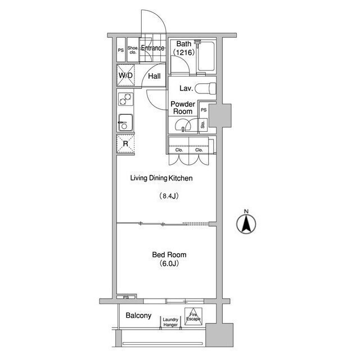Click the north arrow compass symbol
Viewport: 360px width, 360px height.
(x=246, y=222)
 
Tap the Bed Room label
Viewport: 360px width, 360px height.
(x=169, y=255)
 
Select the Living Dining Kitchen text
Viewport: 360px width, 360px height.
(x=161, y=178)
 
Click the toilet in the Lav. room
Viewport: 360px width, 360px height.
(x=205, y=88)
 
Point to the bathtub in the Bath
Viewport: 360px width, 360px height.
(x=206, y=56)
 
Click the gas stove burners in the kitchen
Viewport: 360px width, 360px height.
(x=125, y=99)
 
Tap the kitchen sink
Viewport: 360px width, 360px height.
(x=125, y=123)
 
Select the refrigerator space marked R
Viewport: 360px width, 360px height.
(x=125, y=144)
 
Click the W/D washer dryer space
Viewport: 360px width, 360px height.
(x=125, y=75)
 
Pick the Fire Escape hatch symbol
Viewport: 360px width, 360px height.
(x=193, y=316)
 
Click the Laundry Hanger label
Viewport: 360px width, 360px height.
(x=170, y=322)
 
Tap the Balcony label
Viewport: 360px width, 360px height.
(x=138, y=316)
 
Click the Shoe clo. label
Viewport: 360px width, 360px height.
(x=133, y=50)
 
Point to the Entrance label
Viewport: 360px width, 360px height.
(x=152, y=48)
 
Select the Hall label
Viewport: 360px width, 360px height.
(x=154, y=76)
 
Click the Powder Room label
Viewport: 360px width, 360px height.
(x=183, y=107)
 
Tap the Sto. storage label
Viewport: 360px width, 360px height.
(x=202, y=125)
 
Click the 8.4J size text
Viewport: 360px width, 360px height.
(x=169, y=196)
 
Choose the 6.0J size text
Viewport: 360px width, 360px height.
(x=169, y=263)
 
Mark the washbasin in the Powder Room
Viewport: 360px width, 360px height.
(x=183, y=125)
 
